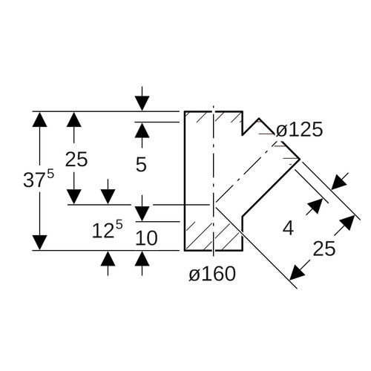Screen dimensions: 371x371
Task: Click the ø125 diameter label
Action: [x=299, y=130]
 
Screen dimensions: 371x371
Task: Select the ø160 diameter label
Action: [x=212, y=274]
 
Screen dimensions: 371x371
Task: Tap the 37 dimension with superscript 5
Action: [x=39, y=178]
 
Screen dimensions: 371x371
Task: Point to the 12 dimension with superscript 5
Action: [x=107, y=229]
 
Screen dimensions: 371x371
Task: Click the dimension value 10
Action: [x=146, y=238]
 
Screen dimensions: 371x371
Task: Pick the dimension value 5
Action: [x=141, y=164]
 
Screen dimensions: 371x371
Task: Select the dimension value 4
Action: [x=288, y=228]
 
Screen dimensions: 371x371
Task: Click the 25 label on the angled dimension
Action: [x=324, y=249]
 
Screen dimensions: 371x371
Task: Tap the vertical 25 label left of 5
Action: [x=76, y=160]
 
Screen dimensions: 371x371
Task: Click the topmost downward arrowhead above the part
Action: [x=142, y=103]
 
